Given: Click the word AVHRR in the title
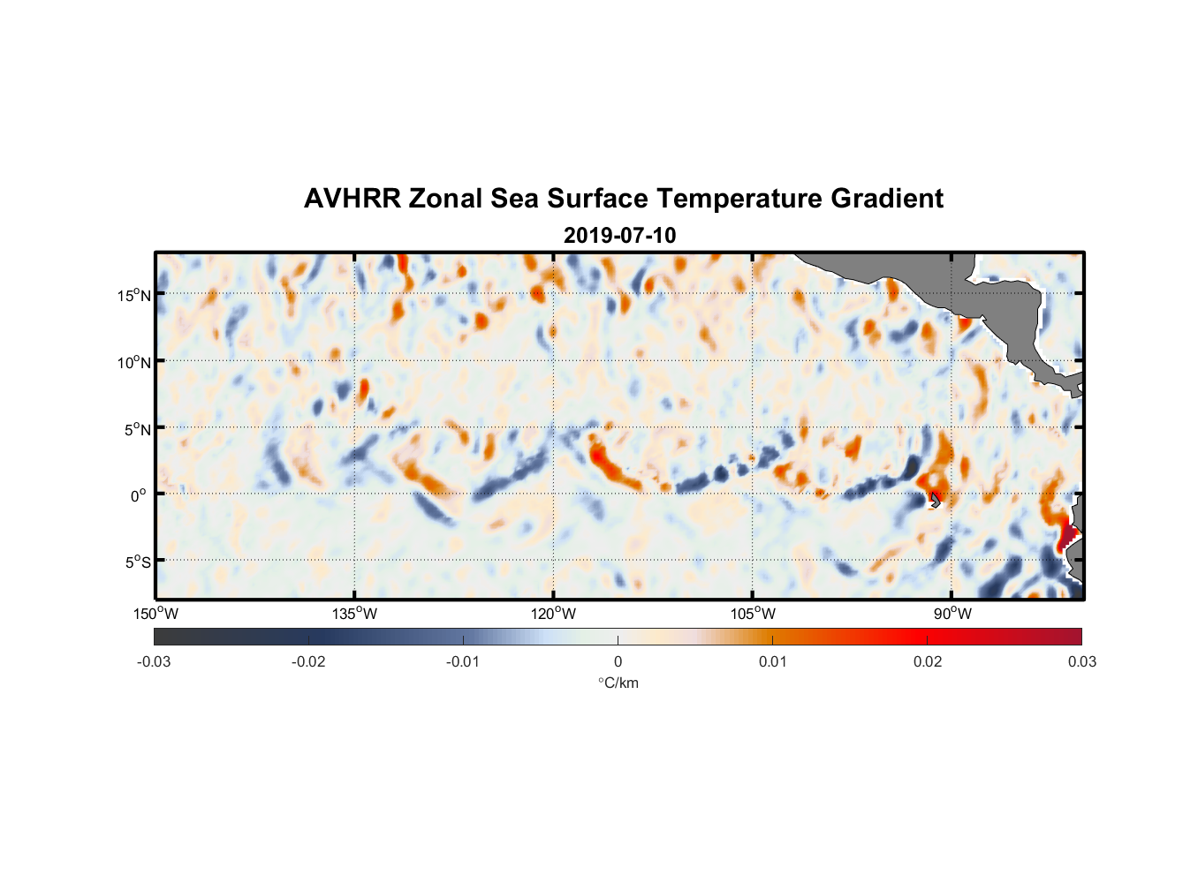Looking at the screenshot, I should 352,199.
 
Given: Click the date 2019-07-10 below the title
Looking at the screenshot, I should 619,236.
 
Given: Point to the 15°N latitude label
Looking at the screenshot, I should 133,295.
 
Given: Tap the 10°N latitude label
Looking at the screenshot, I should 133,362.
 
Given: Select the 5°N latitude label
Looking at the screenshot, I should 136,429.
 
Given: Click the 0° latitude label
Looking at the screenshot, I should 139,495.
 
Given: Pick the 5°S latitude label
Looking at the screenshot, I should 136,562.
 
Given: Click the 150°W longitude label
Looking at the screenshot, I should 155,614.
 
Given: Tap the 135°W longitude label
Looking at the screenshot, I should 354,614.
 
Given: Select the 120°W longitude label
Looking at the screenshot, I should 553,614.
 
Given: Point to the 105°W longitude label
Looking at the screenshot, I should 753,614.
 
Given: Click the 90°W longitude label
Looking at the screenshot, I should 952,614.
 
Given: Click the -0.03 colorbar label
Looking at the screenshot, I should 154,661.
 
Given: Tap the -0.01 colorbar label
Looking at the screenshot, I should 463,661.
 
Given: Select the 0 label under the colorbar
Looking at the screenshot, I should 618,661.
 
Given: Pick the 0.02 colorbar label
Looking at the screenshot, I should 928,661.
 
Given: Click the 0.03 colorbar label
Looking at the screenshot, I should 1081,661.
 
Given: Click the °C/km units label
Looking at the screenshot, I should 618,683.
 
